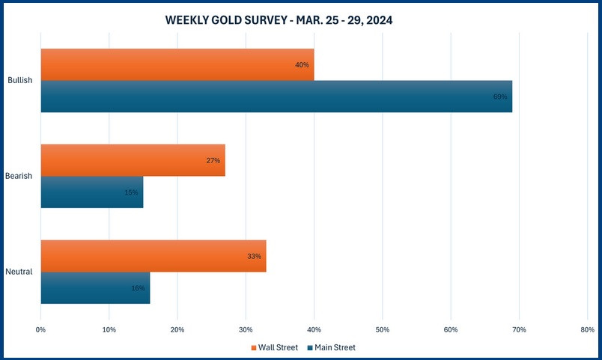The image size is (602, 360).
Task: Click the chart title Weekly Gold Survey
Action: pyautogui.click(x=279, y=21)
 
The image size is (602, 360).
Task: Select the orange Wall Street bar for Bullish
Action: pyautogui.click(x=177, y=64)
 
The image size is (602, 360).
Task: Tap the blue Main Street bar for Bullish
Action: pyautogui.click(x=276, y=97)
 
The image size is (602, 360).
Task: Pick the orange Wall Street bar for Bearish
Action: pyautogui.click(x=133, y=160)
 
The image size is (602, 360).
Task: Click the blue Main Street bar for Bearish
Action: pyautogui.click(x=91, y=192)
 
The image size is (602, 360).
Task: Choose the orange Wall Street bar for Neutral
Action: pyautogui.click(x=153, y=256)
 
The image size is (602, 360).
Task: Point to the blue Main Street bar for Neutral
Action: pyautogui.click(x=95, y=288)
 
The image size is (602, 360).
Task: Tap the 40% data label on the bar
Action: pyautogui.click(x=302, y=65)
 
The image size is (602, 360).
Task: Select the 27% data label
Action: pyautogui.click(x=213, y=161)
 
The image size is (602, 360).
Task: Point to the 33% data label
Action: pyautogui.click(x=254, y=257)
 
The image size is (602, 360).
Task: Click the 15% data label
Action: pyautogui.click(x=132, y=193)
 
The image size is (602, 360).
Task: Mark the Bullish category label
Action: pyautogui.click(x=20, y=80)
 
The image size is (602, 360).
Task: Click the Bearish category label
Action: pyautogui.click(x=19, y=176)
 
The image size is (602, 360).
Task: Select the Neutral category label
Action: pyautogui.click(x=19, y=272)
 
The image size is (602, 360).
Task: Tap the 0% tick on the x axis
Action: pyautogui.click(x=41, y=329)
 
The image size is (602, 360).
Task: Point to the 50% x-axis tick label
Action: pyautogui.click(x=382, y=329)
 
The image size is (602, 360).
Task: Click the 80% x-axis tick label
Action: pyautogui.click(x=587, y=329)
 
